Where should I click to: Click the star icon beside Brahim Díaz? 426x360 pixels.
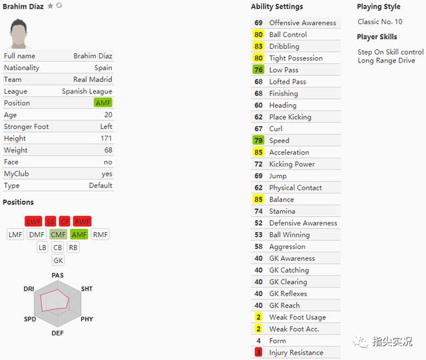[x=51, y=6]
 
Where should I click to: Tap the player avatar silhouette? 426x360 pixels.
[x=19, y=34]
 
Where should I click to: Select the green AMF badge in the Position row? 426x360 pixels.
[x=103, y=102]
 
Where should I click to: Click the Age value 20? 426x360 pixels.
[x=108, y=114]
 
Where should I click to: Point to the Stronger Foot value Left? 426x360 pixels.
[x=106, y=126]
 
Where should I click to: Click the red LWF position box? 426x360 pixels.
[x=33, y=222]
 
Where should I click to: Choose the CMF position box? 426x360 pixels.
[x=58, y=234]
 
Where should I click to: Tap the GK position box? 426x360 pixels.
[x=58, y=260]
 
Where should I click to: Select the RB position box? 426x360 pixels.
[x=73, y=248]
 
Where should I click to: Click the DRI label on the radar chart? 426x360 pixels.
[x=29, y=289]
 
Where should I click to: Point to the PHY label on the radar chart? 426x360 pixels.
[x=87, y=319]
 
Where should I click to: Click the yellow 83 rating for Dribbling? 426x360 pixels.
[x=258, y=46]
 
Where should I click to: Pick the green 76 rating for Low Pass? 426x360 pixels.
[x=258, y=70]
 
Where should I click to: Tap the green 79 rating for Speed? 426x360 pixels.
[x=258, y=140]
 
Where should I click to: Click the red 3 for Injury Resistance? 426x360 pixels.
[x=258, y=353]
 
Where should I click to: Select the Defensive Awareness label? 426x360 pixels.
[x=304, y=223]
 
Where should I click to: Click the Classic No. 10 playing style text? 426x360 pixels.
[x=380, y=21]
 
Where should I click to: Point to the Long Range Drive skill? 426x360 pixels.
[x=386, y=61]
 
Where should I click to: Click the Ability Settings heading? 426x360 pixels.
[x=277, y=7]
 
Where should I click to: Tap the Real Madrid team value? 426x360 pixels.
[x=93, y=79]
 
